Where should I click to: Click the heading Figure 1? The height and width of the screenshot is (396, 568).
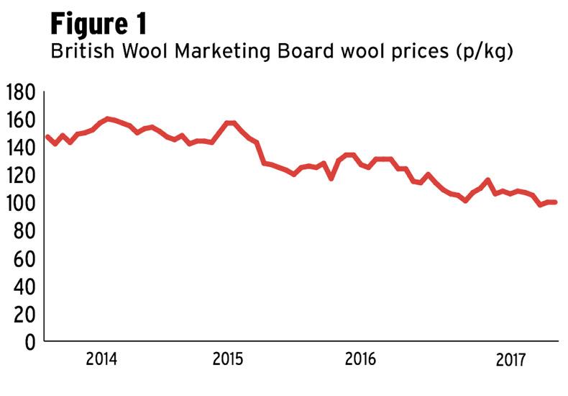(99, 23)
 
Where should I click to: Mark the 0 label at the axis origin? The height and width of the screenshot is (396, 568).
(29, 342)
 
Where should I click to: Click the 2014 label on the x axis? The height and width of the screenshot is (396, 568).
(101, 359)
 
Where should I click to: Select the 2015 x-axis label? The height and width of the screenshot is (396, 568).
(229, 359)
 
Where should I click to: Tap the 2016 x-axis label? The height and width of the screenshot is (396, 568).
(360, 359)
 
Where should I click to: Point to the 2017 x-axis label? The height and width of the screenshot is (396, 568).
(511, 359)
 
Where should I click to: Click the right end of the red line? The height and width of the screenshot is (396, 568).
(555, 202)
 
